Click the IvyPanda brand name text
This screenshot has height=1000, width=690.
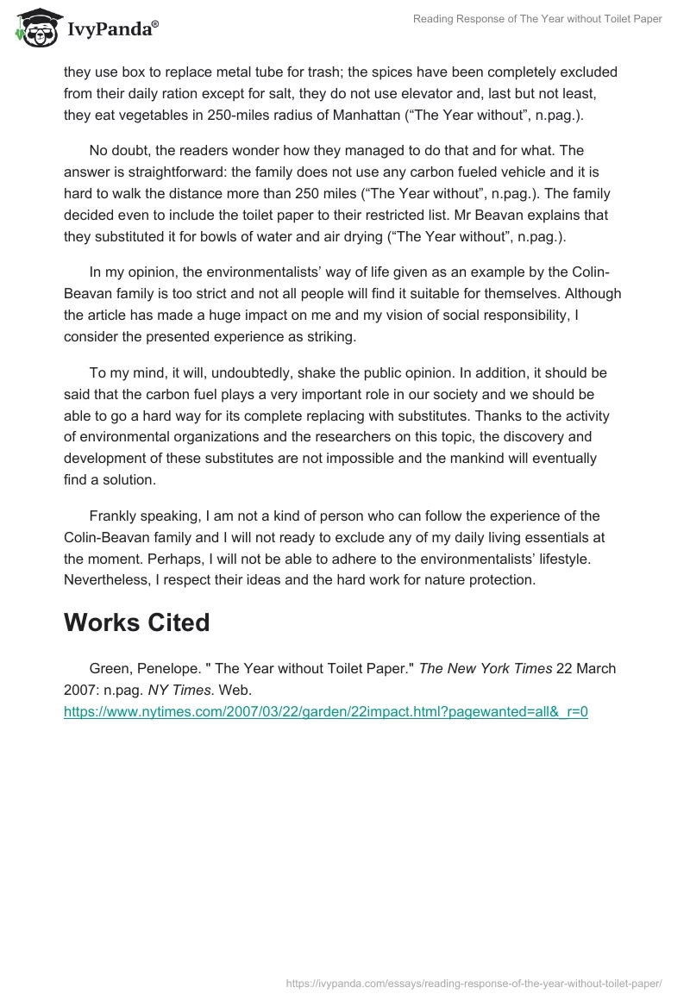(112, 29)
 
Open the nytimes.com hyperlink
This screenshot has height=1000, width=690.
(325, 712)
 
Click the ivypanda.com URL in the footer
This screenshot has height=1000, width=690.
(474, 982)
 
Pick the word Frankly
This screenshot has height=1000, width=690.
(116, 516)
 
